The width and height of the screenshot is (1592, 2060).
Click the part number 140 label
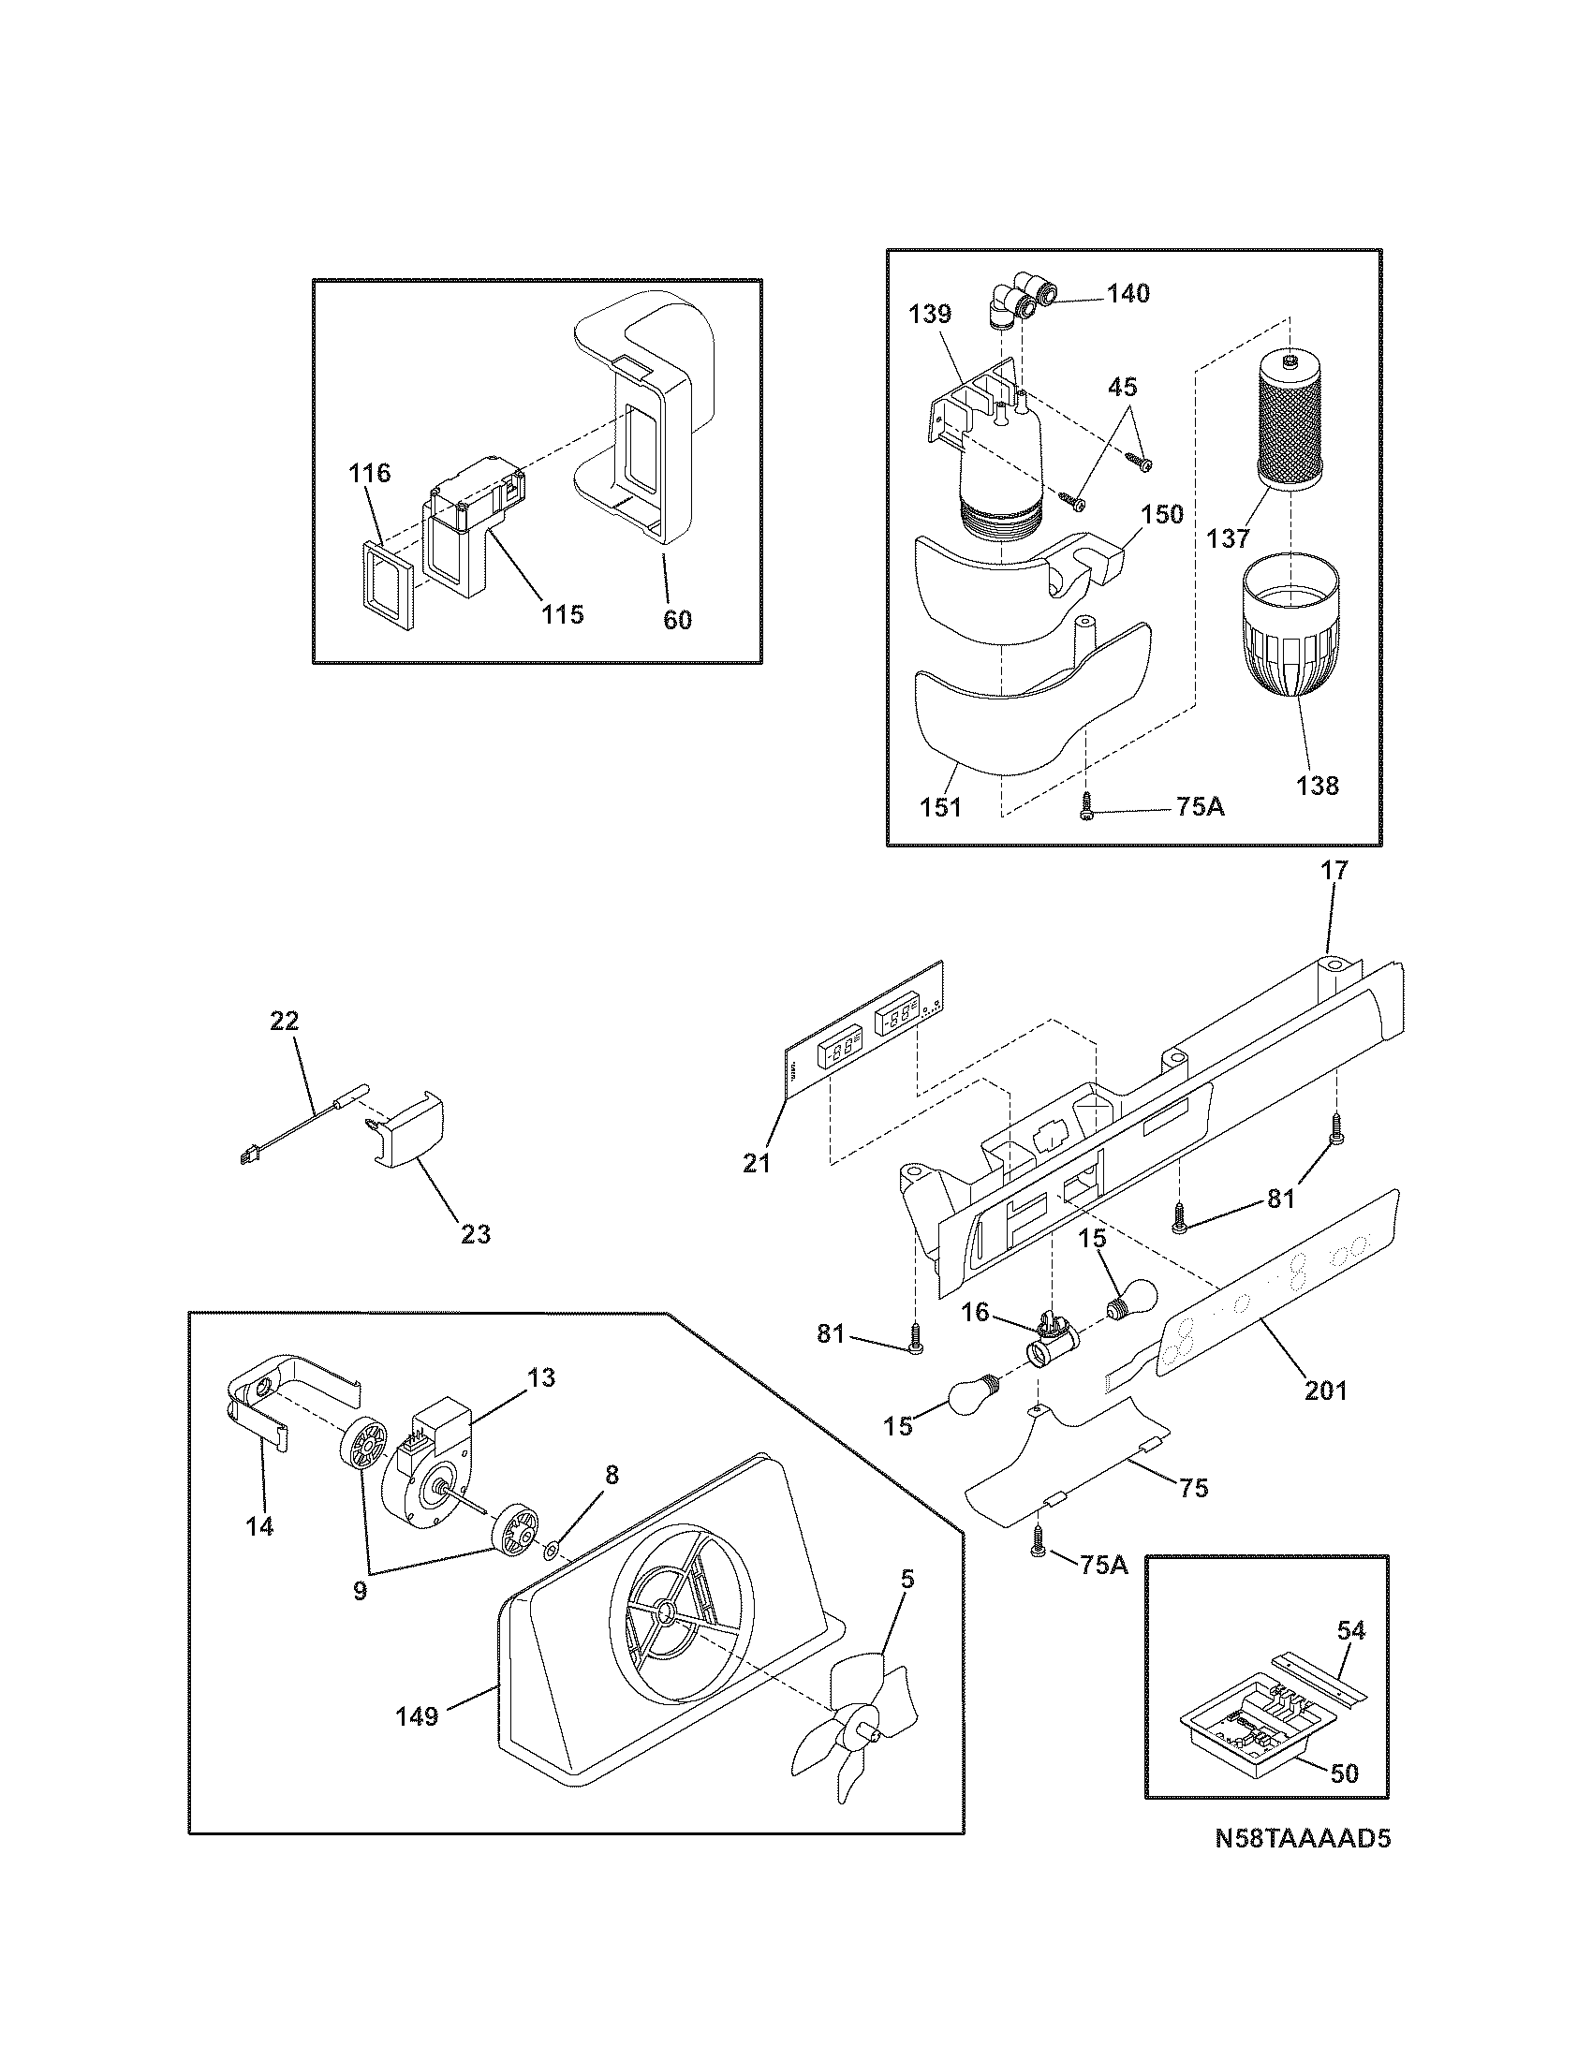(1128, 293)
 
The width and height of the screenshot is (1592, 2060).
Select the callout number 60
(677, 619)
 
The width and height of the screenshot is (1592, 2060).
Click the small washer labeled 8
(553, 1548)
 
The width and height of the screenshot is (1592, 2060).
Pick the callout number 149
(417, 1715)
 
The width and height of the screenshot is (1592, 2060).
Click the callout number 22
(284, 1021)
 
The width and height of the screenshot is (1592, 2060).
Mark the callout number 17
(1334, 870)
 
